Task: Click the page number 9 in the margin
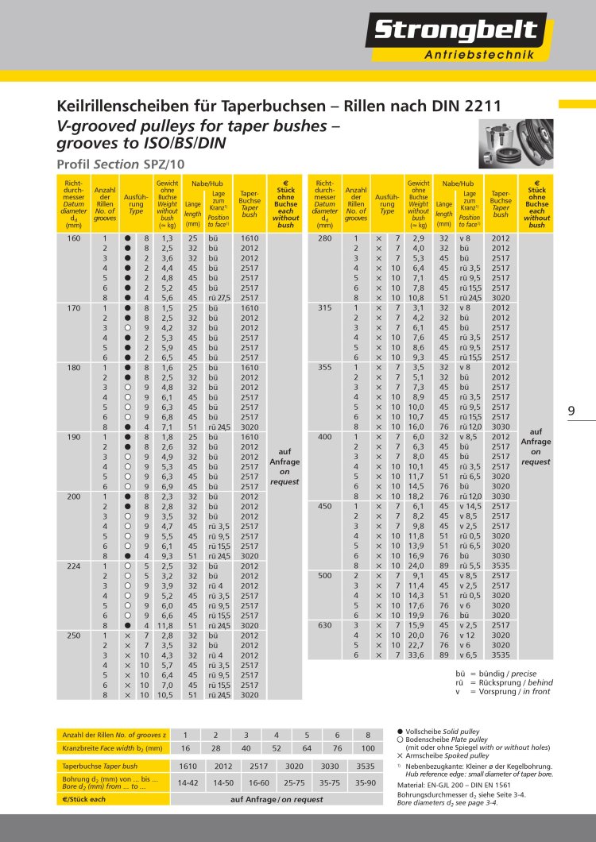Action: (x=571, y=411)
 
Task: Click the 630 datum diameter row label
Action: (x=324, y=625)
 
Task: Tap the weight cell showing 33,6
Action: (x=419, y=655)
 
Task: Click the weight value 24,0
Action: (x=419, y=566)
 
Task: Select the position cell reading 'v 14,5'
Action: (x=470, y=506)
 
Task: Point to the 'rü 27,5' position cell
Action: (x=219, y=298)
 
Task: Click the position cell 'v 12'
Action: (x=466, y=635)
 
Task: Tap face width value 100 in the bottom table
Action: (x=367, y=748)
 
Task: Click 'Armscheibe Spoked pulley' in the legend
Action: (x=443, y=755)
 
